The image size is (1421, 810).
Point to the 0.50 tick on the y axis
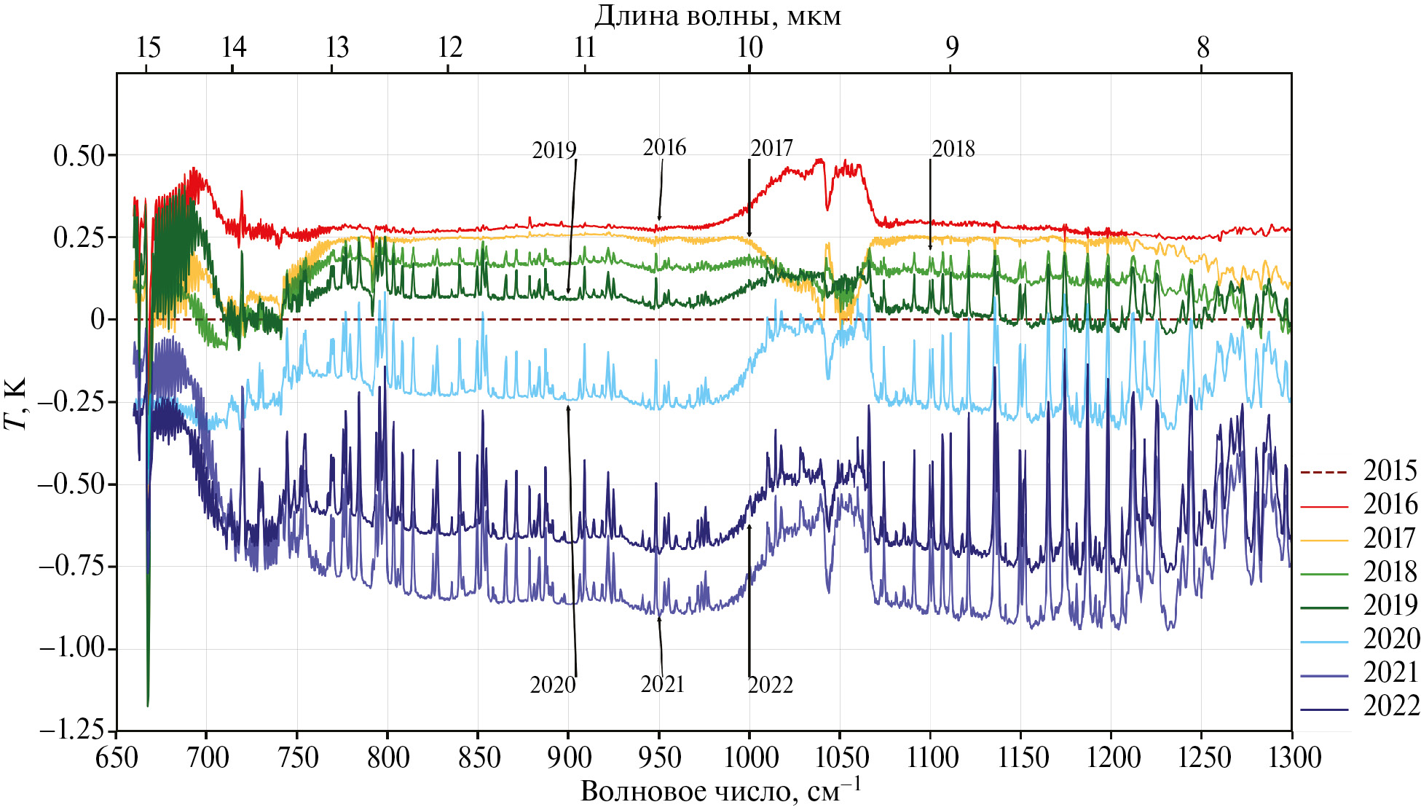click(79, 155)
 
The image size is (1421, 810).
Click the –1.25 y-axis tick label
click(72, 731)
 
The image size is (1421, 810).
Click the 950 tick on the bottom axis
click(659, 758)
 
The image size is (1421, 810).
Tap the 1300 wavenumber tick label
click(1291, 758)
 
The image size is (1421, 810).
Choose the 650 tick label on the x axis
click(117, 758)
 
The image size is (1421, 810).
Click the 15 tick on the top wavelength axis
click(148, 48)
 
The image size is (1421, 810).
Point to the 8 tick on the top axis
click(1202, 48)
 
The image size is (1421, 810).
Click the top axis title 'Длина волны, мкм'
click(717, 16)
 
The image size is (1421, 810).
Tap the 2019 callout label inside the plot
click(554, 151)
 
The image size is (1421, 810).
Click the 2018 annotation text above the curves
click(953, 149)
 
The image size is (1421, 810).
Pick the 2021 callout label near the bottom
click(662, 685)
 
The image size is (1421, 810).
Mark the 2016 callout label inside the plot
click(664, 148)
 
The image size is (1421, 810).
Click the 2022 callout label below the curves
click(770, 685)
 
